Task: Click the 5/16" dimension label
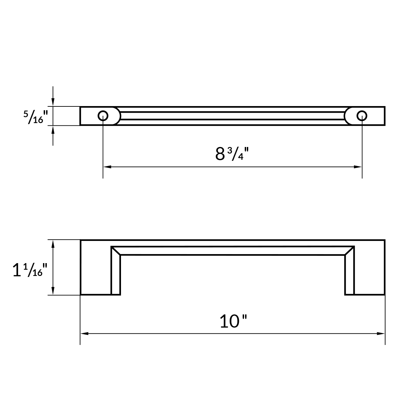click(35, 117)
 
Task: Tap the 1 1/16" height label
click(28, 270)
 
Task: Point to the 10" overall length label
click(234, 321)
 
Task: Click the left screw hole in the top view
click(103, 116)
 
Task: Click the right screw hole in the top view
click(362, 116)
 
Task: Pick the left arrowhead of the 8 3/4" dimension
click(107, 167)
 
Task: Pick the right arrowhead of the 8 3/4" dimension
click(358, 167)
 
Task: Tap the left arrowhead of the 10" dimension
click(84, 333)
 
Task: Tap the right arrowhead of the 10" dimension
click(381, 333)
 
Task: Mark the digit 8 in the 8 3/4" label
click(220, 154)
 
